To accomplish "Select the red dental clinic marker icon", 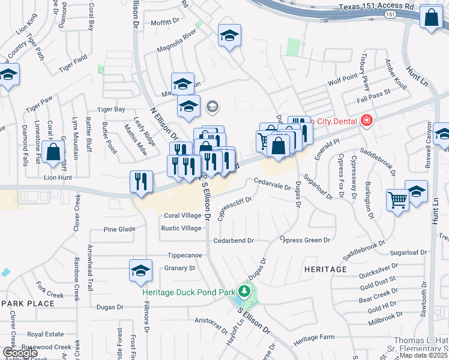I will tap(366, 121).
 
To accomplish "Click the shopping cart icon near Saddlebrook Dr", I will tap(397, 200).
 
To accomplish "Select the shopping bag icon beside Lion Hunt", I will tap(53, 152).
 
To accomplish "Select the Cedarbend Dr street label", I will tap(234, 241).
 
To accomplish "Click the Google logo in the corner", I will tap(20, 353).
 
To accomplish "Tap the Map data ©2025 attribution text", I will tap(423, 355).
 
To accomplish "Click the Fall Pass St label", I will tap(373, 92).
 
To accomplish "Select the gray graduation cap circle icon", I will tap(212, 107).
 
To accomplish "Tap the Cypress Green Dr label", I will tap(306, 240).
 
